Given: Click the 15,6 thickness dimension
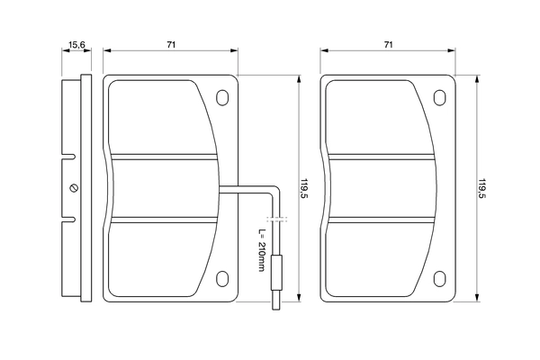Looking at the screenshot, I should [x=76, y=43].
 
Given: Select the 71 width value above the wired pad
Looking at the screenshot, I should [x=170, y=43].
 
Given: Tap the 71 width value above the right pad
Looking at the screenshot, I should [x=389, y=43].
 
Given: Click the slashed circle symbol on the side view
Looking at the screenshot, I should [x=74, y=188].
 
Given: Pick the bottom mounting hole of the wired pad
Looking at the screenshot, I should [x=222, y=278].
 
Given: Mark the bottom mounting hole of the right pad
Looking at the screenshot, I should [x=440, y=278].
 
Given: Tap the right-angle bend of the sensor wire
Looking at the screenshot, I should [x=274, y=188].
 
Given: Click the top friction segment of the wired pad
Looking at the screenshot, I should [x=162, y=117].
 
